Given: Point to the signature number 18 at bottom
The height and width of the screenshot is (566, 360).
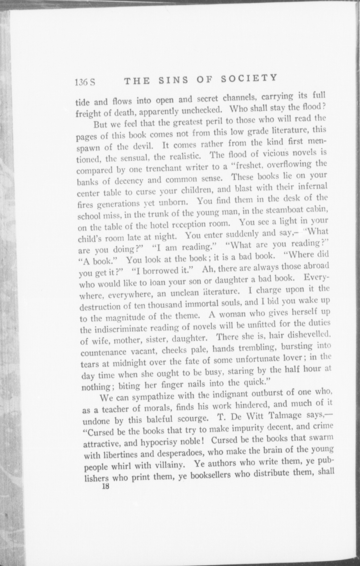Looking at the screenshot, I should (x=106, y=486).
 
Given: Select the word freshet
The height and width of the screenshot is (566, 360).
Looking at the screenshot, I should (x=250, y=165).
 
